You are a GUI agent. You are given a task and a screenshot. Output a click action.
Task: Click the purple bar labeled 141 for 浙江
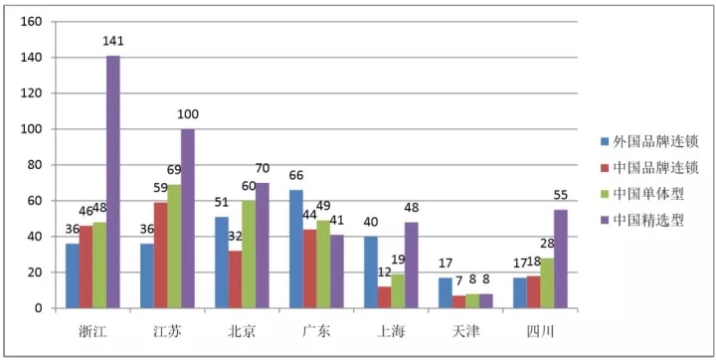(113, 182)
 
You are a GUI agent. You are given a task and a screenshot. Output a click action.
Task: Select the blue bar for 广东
(296, 249)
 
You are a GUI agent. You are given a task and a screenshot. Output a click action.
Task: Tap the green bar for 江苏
(174, 247)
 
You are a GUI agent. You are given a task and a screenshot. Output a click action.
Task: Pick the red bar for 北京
(235, 279)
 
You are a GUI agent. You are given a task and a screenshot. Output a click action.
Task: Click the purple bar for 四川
(561, 259)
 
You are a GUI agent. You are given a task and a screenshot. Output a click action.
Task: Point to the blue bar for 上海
(371, 272)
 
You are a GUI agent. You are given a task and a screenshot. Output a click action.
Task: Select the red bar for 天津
(458, 302)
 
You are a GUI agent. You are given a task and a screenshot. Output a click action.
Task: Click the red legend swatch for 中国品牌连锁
(605, 169)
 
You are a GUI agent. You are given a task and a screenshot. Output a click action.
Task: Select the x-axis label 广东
(315, 332)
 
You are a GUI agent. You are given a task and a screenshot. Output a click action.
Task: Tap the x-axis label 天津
(465, 332)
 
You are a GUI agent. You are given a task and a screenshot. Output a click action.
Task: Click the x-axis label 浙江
(92, 332)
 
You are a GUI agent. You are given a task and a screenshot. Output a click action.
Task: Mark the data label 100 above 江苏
(188, 114)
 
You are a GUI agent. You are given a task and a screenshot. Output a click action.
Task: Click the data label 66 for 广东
(296, 175)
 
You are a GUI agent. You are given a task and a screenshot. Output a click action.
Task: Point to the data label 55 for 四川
(560, 196)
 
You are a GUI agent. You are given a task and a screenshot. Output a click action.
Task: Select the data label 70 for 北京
(262, 168)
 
